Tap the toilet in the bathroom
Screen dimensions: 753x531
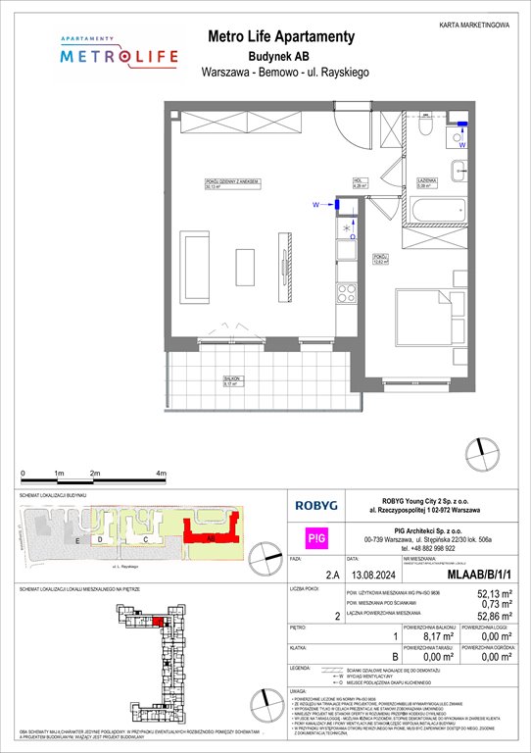tap(426, 127)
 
